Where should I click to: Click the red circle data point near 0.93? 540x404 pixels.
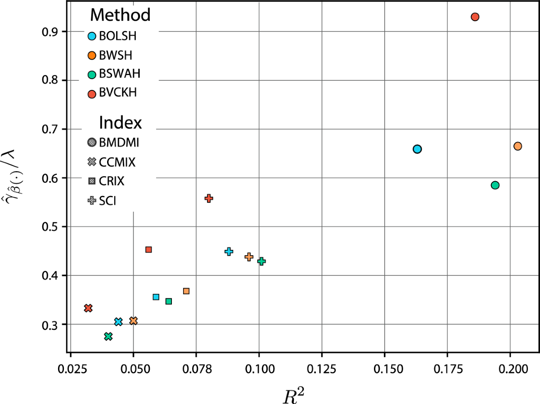click(475, 17)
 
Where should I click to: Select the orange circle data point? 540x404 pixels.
click(517, 146)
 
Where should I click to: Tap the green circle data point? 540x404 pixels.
click(495, 185)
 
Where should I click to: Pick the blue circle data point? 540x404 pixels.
click(417, 149)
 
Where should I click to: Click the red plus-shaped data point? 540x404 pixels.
click(209, 198)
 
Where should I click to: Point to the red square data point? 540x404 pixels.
click(148, 249)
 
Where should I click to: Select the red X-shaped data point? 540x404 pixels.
click(88, 308)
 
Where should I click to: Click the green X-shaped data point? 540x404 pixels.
click(108, 337)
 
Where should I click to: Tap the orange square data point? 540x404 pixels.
click(186, 291)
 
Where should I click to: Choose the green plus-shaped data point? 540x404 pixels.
click(261, 261)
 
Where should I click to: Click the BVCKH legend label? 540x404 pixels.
click(118, 93)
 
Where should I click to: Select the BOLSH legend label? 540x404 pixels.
click(117, 36)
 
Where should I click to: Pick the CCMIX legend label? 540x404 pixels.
click(117, 162)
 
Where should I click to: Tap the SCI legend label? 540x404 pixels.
click(108, 200)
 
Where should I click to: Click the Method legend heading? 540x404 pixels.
click(120, 15)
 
